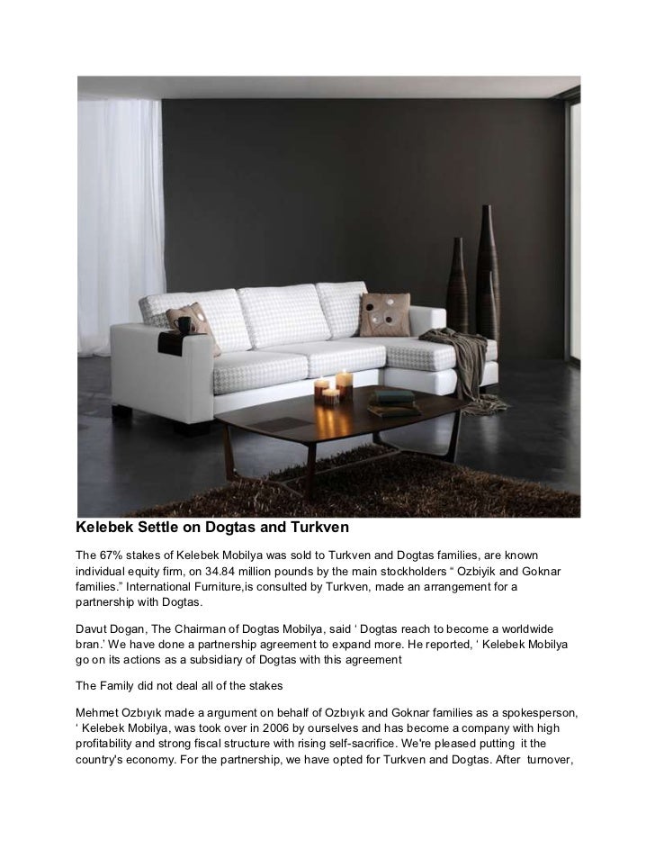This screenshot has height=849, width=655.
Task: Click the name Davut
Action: coord(94,626)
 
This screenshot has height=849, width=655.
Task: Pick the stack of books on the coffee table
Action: coord(394,402)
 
